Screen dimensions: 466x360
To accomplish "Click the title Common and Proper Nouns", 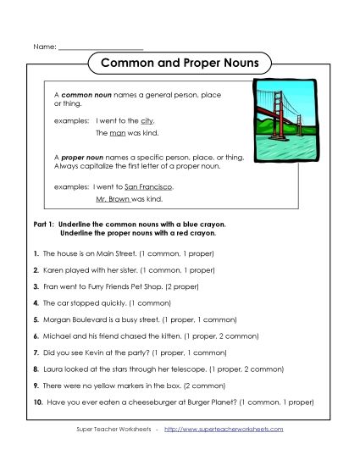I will click(x=180, y=63).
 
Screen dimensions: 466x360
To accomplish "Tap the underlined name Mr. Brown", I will click(x=113, y=198).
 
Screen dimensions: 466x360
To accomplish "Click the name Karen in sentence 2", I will click(x=53, y=269).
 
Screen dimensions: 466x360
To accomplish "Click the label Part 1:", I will click(x=42, y=226).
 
